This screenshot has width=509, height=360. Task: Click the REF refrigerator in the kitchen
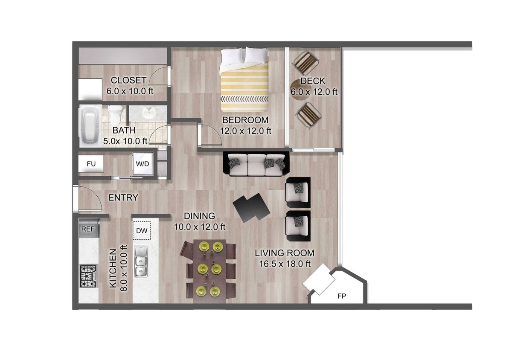click(89, 229)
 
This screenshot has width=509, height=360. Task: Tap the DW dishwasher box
click(142, 231)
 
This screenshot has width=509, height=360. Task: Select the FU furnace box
click(91, 163)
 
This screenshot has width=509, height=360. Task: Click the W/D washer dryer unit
click(142, 163)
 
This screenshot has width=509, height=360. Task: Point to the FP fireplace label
click(341, 295)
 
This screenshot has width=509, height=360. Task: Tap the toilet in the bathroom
click(115, 115)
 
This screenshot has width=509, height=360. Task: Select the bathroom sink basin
click(148, 113)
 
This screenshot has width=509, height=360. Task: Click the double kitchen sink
click(141, 261)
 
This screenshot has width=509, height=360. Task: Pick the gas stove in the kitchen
click(88, 276)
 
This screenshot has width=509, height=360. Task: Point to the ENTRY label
click(123, 197)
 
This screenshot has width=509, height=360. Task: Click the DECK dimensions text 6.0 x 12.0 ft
click(314, 91)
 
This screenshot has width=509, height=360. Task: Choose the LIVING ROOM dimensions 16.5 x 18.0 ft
click(285, 264)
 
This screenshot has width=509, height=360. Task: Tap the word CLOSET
click(128, 80)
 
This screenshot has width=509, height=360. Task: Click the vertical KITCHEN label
click(113, 268)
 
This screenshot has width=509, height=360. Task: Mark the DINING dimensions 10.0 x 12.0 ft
click(199, 227)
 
